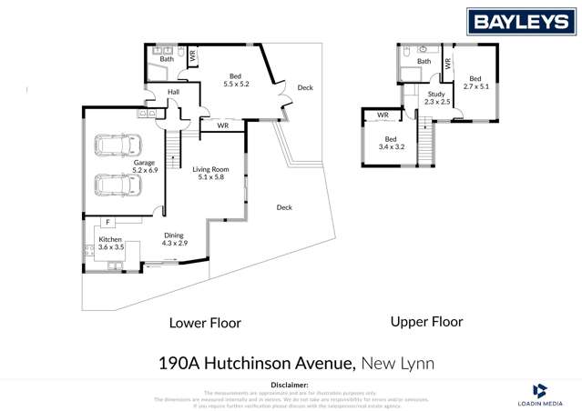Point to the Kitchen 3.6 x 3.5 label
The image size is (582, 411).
click(x=110, y=243)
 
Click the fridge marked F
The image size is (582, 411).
click(x=107, y=221)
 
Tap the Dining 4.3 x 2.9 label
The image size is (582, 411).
click(x=174, y=240)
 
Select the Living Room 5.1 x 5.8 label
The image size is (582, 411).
click(x=210, y=173)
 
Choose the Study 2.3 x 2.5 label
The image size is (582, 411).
click(x=437, y=97)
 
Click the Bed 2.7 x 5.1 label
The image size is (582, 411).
click(x=476, y=83)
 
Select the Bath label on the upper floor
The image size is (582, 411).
click(x=424, y=61)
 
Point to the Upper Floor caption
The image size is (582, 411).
click(x=426, y=322)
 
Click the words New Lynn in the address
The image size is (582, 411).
click(x=398, y=364)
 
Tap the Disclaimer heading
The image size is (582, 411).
click(x=291, y=385)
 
